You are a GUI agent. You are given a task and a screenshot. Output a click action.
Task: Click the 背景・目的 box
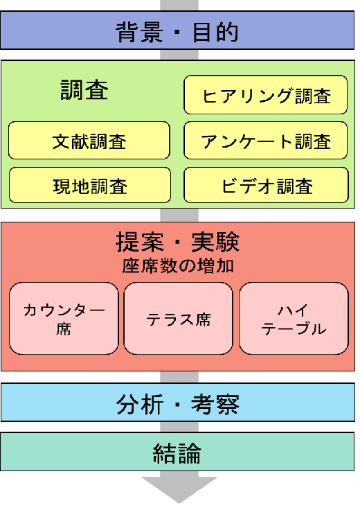point(177,30)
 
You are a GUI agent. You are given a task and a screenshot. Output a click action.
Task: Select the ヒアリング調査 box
point(265,95)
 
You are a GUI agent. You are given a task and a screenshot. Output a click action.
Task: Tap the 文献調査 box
point(89,141)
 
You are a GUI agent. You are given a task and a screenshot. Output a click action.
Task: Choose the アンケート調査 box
point(265,141)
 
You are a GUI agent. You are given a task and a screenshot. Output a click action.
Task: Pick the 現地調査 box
point(90,185)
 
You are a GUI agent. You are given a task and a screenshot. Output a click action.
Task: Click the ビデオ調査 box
point(266,185)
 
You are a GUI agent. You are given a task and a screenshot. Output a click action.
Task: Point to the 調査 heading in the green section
point(84,90)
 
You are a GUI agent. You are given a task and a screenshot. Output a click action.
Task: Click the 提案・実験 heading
point(178,242)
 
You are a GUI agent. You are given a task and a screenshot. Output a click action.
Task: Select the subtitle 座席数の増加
point(178,266)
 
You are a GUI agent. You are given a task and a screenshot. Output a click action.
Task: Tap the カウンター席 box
point(64,319)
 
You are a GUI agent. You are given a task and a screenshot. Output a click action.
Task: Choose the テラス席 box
point(179,319)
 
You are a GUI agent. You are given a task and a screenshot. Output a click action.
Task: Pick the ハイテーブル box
point(294,319)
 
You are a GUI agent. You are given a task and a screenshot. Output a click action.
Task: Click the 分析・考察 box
point(178,403)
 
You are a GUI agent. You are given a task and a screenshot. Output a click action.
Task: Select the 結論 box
point(177,452)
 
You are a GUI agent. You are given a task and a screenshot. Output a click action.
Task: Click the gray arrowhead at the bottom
point(179,488)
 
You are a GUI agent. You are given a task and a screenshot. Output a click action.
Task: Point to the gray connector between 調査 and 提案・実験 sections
point(179,215)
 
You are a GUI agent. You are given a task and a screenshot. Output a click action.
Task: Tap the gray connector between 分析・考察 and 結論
point(179,427)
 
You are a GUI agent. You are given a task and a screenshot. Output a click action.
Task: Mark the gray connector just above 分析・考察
point(179,377)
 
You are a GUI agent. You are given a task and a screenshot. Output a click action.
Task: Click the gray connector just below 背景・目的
point(179,55)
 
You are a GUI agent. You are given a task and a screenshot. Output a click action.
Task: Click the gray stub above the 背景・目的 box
point(179,6)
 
